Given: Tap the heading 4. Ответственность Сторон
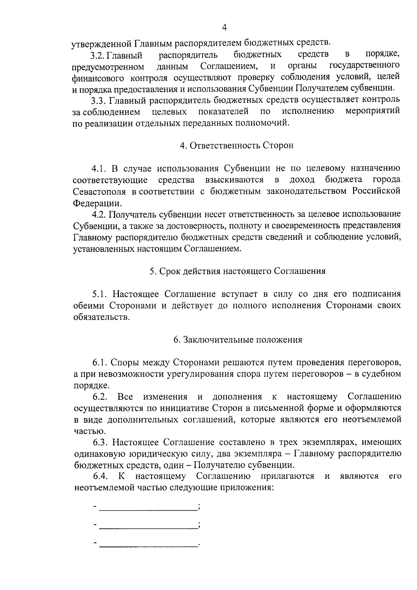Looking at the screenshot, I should (x=237, y=145).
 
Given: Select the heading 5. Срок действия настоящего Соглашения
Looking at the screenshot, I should (x=238, y=271).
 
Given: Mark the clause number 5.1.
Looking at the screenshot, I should (x=99, y=294).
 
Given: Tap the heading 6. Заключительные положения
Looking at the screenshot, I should (x=238, y=340).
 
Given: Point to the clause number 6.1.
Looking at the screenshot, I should (x=100, y=363).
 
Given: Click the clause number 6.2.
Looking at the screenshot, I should (x=100, y=397).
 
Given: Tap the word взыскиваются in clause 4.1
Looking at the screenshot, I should (x=234, y=180).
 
